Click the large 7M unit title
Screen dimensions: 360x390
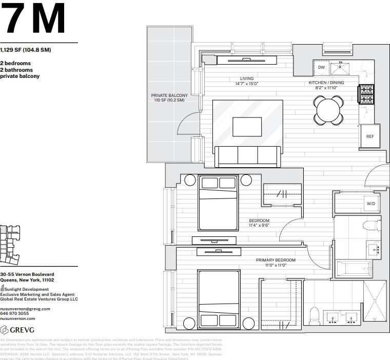[x=33, y=19]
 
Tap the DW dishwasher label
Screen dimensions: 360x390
[x=321, y=67]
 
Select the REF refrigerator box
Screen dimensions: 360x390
[x=369, y=136]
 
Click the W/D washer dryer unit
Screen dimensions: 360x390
[x=371, y=204]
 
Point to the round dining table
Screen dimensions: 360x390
[x=328, y=110]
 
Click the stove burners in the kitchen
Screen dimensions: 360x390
[x=366, y=94]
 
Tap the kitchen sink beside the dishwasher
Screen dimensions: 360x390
[x=340, y=67]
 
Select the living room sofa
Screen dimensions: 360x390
[x=247, y=155]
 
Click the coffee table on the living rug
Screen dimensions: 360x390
[x=247, y=127]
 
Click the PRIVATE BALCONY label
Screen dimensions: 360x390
[x=169, y=97]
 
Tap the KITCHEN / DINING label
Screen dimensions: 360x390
[x=326, y=85]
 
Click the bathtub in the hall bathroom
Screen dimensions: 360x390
[x=353, y=268]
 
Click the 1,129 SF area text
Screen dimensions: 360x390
[x=26, y=50]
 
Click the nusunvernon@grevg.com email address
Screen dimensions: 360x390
[x=25, y=309]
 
